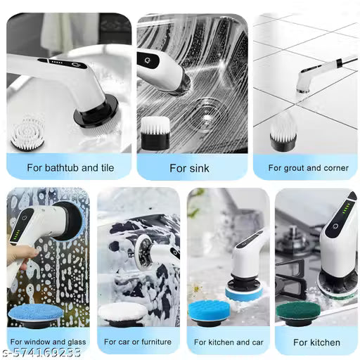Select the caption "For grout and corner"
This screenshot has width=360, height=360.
pos(304,168)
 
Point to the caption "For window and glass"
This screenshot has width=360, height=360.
pos(48,342)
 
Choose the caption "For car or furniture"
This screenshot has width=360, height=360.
pos(139,342)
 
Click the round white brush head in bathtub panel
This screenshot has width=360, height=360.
pos(27,134)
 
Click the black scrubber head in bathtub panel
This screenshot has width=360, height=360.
pos(98,111)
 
